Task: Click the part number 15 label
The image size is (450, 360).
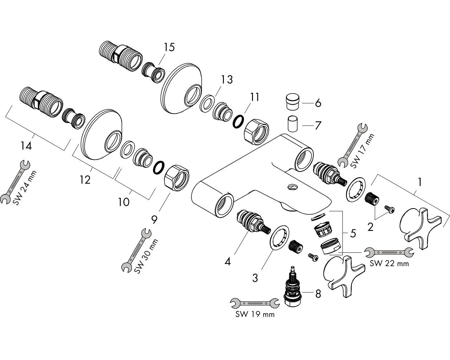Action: pos(169,47)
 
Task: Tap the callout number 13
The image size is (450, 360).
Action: pos(227,80)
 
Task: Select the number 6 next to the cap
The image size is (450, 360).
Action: pos(318,103)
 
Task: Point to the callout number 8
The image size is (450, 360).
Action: pos(318,294)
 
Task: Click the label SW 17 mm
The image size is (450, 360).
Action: pos(362,151)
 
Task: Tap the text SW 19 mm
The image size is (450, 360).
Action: pos(255,314)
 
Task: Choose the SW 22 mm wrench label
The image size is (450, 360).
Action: pos(389,263)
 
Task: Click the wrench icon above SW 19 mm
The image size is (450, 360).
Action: pos(255,303)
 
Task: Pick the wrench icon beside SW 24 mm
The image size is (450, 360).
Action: pos(15,182)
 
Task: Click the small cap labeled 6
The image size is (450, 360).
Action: pos(292,102)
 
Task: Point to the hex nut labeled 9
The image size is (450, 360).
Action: pos(177,178)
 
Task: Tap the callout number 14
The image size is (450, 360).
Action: pos(26,146)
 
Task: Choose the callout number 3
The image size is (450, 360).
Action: pos(255,278)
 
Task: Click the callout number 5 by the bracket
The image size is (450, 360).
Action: pos(353,233)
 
